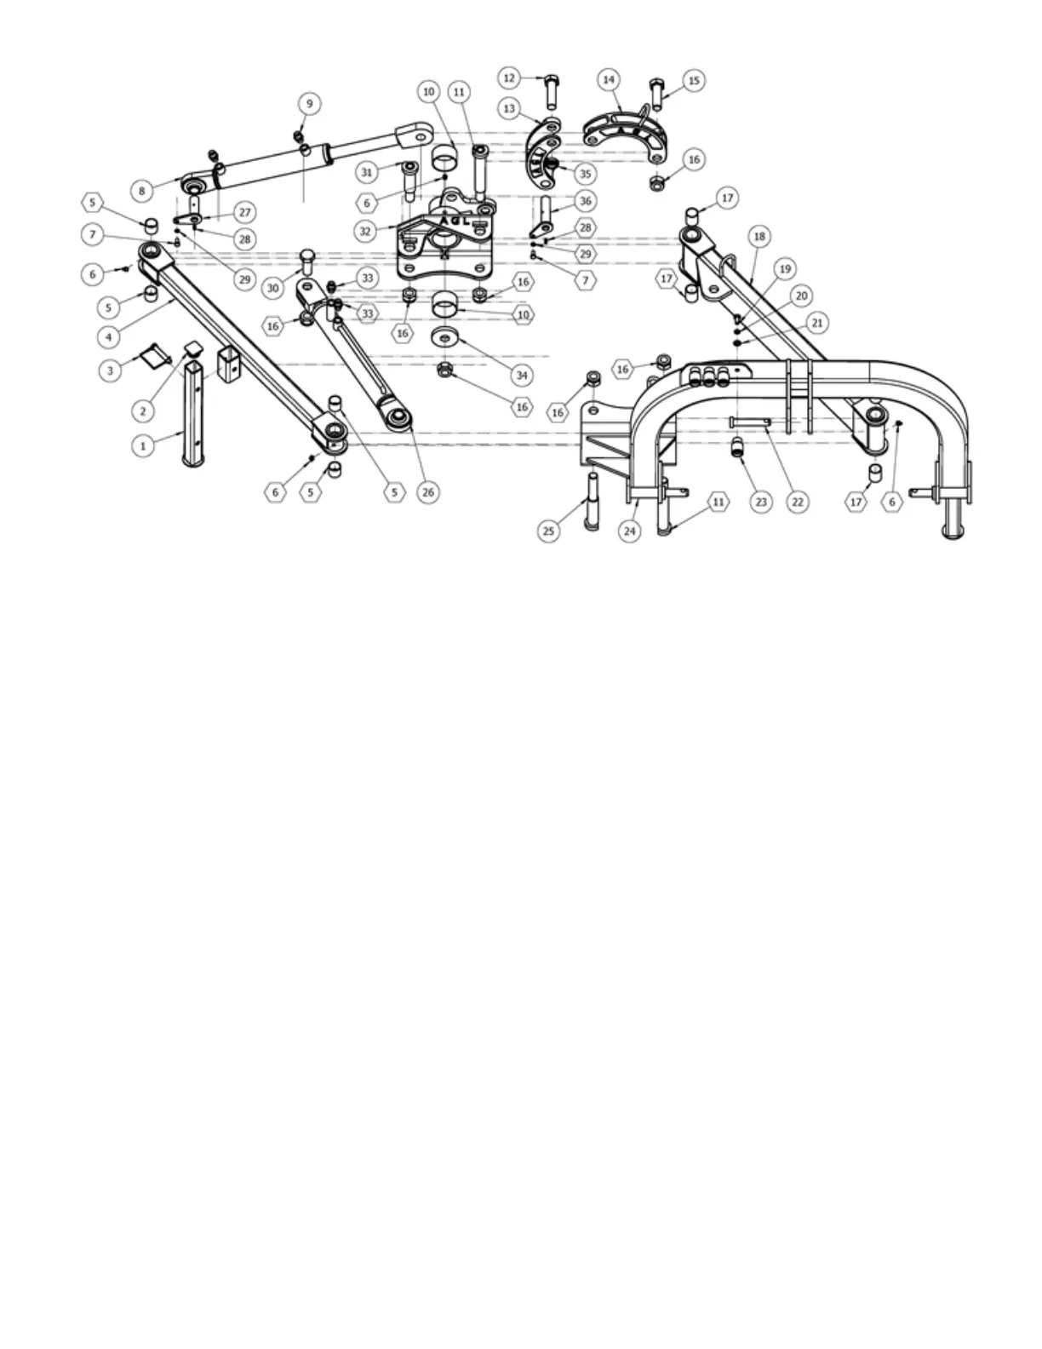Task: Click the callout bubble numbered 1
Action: [143, 445]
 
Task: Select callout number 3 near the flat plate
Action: [109, 370]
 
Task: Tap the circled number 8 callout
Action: [142, 192]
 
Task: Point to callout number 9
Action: [309, 104]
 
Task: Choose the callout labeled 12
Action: [509, 78]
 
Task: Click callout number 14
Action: [608, 80]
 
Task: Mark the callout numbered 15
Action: [693, 81]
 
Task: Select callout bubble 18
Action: [759, 236]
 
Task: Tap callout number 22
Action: [798, 502]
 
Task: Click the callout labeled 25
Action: [549, 531]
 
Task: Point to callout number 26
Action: [427, 491]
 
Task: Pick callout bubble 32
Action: [366, 230]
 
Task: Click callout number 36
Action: [585, 201]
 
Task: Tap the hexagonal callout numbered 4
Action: [108, 337]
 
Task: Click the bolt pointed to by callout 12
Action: [551, 94]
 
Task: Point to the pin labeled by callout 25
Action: [589, 500]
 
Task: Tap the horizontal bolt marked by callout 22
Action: [749, 422]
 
